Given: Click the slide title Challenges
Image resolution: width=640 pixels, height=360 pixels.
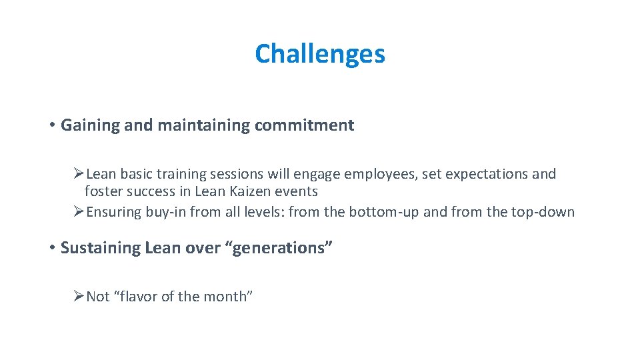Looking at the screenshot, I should (320, 54).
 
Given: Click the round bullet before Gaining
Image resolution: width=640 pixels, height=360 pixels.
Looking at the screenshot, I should (52, 125).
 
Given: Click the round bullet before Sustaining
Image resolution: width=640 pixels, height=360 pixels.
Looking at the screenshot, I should (52, 248).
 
